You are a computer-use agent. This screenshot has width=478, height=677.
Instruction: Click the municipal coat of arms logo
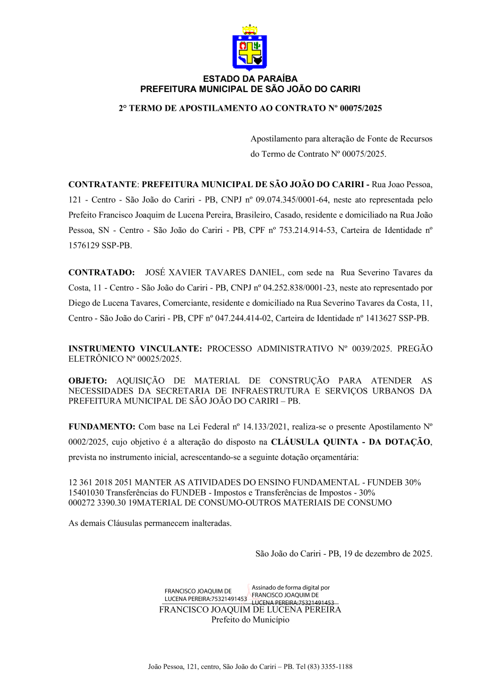[x=249, y=47]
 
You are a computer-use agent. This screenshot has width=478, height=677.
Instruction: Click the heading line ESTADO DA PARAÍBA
[x=250, y=79]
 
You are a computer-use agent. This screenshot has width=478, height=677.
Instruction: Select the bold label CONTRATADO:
[x=101, y=272]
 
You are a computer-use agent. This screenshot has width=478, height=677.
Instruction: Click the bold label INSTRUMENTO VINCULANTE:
[x=135, y=349]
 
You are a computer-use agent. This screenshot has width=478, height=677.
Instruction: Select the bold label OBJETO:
[x=88, y=381]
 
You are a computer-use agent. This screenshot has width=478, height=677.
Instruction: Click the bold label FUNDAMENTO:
[x=102, y=427]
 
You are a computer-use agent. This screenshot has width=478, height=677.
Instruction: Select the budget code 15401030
[x=86, y=492]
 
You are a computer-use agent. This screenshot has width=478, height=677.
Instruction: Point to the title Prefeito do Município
[x=250, y=620]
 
